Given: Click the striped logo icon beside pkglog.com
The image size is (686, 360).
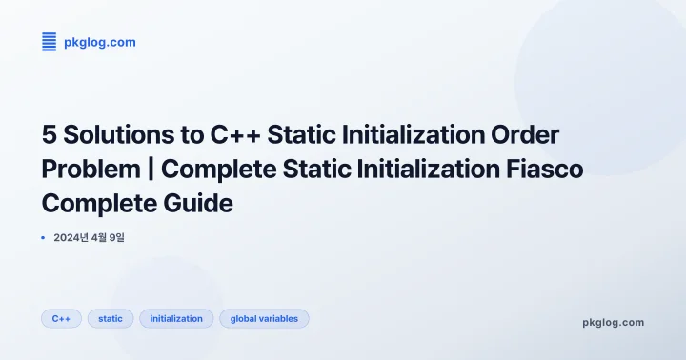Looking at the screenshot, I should click(x=50, y=41).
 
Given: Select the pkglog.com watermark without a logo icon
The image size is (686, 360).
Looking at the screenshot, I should click(x=613, y=322).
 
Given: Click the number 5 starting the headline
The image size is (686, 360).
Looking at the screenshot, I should click(x=49, y=135).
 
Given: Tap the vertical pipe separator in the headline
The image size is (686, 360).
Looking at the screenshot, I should click(x=151, y=170).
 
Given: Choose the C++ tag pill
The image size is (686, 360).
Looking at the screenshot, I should click(x=61, y=319).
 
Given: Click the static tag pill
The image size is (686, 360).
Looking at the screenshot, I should click(x=111, y=319).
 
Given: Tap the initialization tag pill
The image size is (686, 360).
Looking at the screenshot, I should click(x=176, y=319).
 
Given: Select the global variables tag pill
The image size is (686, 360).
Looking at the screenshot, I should click(x=264, y=319).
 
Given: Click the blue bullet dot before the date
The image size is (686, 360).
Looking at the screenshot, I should click(x=44, y=237).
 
